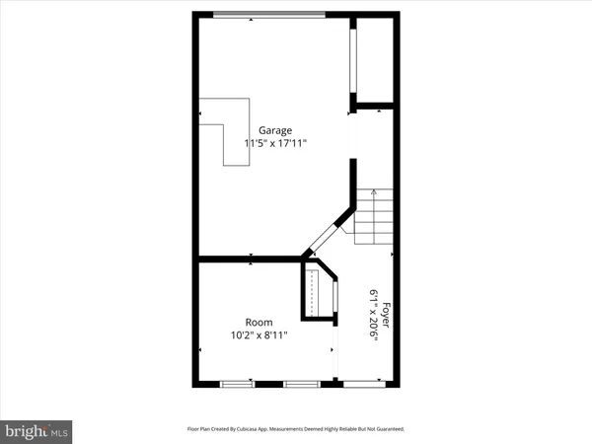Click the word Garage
tap(276, 130)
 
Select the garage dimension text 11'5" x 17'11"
tap(276, 144)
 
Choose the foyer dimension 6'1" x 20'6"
tap(375, 314)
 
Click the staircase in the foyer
tap(374, 217)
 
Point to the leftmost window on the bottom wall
tap(237, 382)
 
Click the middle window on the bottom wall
tap(298, 382)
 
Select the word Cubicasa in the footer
tap(262, 429)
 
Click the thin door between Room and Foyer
tap(336, 350)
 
